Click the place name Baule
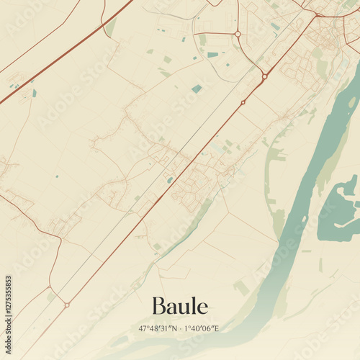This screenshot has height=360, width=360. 180,307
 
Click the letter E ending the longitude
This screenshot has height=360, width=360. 216,328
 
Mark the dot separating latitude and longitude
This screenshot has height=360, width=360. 181,328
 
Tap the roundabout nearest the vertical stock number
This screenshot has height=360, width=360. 66,305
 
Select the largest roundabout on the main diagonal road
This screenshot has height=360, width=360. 265,76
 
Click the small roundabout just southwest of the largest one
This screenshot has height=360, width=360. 243,102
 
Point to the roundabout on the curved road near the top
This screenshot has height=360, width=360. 238,34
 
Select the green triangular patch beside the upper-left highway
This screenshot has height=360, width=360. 110,27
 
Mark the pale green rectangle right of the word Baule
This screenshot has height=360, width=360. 241,287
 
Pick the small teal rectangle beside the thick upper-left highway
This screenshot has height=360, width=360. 34,93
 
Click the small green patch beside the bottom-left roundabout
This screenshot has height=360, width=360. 52,295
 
